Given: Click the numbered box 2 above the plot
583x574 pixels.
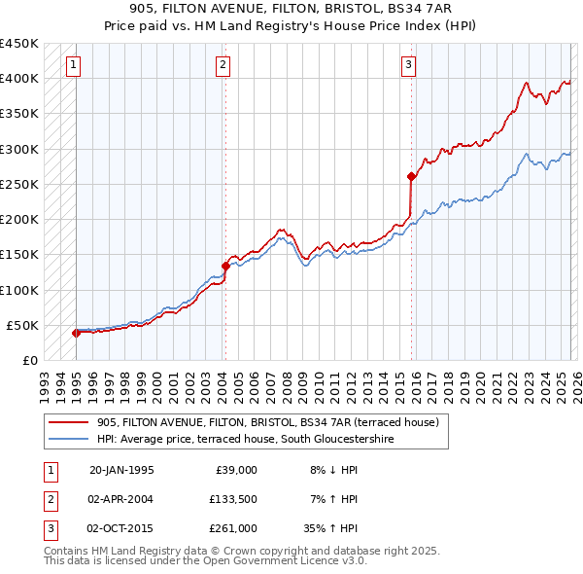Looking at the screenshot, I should [x=223, y=65].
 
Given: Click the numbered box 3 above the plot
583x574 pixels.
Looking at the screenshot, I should [x=408, y=65].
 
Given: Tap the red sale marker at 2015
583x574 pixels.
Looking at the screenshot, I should [x=411, y=176].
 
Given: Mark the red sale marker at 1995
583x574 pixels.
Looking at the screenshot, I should [x=76, y=333].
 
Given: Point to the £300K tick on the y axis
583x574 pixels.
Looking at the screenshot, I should [x=19, y=149].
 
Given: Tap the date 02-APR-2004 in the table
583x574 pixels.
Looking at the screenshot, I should [x=120, y=499].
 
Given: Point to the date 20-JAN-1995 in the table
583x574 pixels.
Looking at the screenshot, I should [x=120, y=469].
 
